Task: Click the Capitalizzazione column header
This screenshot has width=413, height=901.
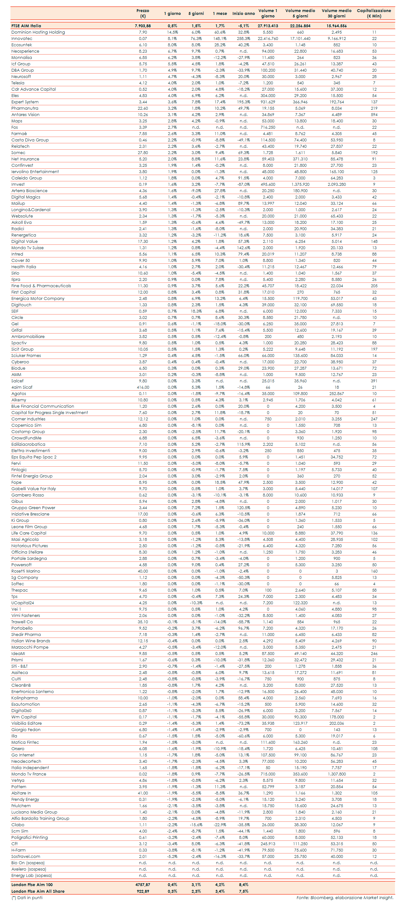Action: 374,13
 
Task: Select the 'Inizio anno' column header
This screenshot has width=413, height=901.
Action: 244,14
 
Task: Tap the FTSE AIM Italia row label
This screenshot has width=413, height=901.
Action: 26,26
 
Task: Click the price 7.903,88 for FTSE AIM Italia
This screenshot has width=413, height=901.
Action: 143,26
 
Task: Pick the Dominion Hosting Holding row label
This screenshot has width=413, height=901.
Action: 38,32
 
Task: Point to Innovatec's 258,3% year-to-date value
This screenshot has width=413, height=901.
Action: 244,38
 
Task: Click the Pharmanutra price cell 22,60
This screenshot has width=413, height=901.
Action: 143,108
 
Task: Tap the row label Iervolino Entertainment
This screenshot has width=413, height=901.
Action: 35,172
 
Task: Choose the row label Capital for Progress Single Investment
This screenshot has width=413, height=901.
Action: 50,413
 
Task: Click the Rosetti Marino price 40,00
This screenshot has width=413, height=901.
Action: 143,571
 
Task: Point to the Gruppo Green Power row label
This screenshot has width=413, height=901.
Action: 33,508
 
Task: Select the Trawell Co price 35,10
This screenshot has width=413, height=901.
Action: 143,622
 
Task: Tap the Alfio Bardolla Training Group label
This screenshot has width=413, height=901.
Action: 40,819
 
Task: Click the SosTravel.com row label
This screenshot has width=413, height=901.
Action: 26,857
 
